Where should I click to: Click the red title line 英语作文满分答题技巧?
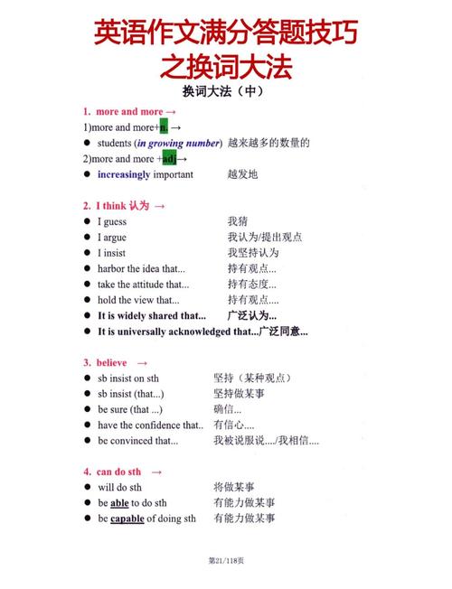(x=226, y=33)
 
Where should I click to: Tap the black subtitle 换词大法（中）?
(x=226, y=92)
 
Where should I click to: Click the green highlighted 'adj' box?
(x=168, y=159)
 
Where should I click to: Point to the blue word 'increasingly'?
(x=124, y=174)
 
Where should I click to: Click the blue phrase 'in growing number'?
(x=177, y=143)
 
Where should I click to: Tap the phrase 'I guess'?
(x=112, y=221)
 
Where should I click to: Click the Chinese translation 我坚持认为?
(x=254, y=253)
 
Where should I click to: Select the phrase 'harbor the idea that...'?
(x=141, y=268)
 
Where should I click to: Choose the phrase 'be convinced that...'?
(x=137, y=441)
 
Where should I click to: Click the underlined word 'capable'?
(x=127, y=519)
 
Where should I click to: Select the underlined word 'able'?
(x=119, y=503)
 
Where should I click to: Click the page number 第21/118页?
(x=226, y=561)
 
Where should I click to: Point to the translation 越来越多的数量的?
(x=269, y=143)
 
